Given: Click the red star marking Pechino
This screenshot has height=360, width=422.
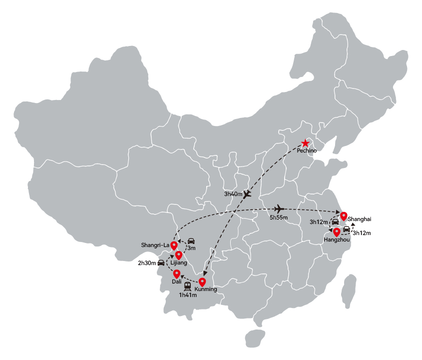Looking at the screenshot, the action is pyautogui.click(x=305, y=143).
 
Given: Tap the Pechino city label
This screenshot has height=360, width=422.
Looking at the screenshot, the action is pyautogui.click(x=307, y=150).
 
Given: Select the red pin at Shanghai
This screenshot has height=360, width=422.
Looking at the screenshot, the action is pyautogui.click(x=344, y=216).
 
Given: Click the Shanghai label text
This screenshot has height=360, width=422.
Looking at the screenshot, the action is pyautogui.click(x=359, y=219).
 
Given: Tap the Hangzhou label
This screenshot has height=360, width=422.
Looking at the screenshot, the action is pyautogui.click(x=337, y=239).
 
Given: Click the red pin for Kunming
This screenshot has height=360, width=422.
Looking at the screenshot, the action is pyautogui.click(x=202, y=282).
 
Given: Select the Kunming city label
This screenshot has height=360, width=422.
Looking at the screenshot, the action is pyautogui.click(x=206, y=289).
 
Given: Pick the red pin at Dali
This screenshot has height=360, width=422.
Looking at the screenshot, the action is pyautogui.click(x=177, y=274).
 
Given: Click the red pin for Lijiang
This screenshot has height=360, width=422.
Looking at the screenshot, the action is pyautogui.click(x=179, y=255).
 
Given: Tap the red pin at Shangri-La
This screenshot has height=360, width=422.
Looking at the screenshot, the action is pyautogui.click(x=174, y=245).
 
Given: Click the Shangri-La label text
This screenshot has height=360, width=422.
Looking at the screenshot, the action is pyautogui.click(x=155, y=245).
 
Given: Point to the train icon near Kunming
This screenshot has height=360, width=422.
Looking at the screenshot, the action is pyautogui.click(x=188, y=286).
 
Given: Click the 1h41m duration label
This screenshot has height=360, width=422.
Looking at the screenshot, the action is pyautogui.click(x=188, y=295).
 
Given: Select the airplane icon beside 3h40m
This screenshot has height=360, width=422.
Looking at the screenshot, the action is pyautogui.click(x=247, y=194).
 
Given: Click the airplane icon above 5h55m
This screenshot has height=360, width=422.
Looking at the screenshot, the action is pyautogui.click(x=279, y=209).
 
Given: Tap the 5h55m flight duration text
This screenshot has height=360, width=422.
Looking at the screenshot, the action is pyautogui.click(x=279, y=217).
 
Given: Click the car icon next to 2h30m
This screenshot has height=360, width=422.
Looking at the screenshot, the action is pyautogui.click(x=161, y=262).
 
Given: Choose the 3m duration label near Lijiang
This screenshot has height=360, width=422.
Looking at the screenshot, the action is pyautogui.click(x=191, y=248).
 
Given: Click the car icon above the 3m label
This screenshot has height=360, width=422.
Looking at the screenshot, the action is pyautogui.click(x=191, y=241).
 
